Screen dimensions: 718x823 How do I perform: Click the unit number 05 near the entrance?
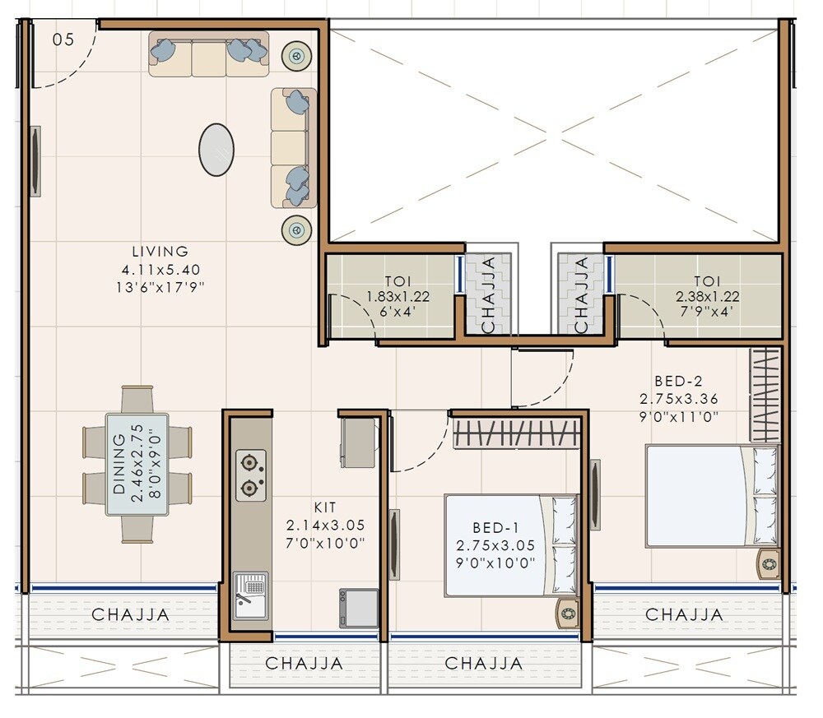click(63, 39)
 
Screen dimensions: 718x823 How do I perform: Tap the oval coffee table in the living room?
click(216, 149)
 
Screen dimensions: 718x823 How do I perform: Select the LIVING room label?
click(160, 252)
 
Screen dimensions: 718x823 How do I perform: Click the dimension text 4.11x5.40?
click(160, 270)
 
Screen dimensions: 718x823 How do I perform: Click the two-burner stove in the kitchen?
click(250, 475)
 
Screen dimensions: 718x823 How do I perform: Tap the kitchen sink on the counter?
click(250, 595)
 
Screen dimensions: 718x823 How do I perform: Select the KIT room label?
click(324, 507)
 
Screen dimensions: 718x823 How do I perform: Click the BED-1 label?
click(495, 527)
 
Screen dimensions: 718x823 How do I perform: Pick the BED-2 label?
click(678, 382)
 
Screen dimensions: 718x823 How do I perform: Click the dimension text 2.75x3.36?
click(678, 399)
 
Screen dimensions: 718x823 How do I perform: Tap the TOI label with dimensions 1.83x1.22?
click(398, 281)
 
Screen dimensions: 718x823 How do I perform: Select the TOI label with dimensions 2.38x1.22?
click(706, 281)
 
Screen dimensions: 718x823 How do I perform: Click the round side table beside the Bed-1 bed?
click(567, 613)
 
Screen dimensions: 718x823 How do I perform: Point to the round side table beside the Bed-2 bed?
click(769, 564)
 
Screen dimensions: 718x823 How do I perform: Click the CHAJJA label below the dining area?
click(131, 614)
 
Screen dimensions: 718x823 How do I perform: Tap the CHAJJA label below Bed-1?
click(483, 663)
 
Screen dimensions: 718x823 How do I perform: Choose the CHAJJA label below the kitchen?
click(304, 663)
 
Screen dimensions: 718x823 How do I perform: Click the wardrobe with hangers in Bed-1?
click(515, 433)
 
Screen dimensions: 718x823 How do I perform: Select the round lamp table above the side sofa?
click(296, 56)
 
